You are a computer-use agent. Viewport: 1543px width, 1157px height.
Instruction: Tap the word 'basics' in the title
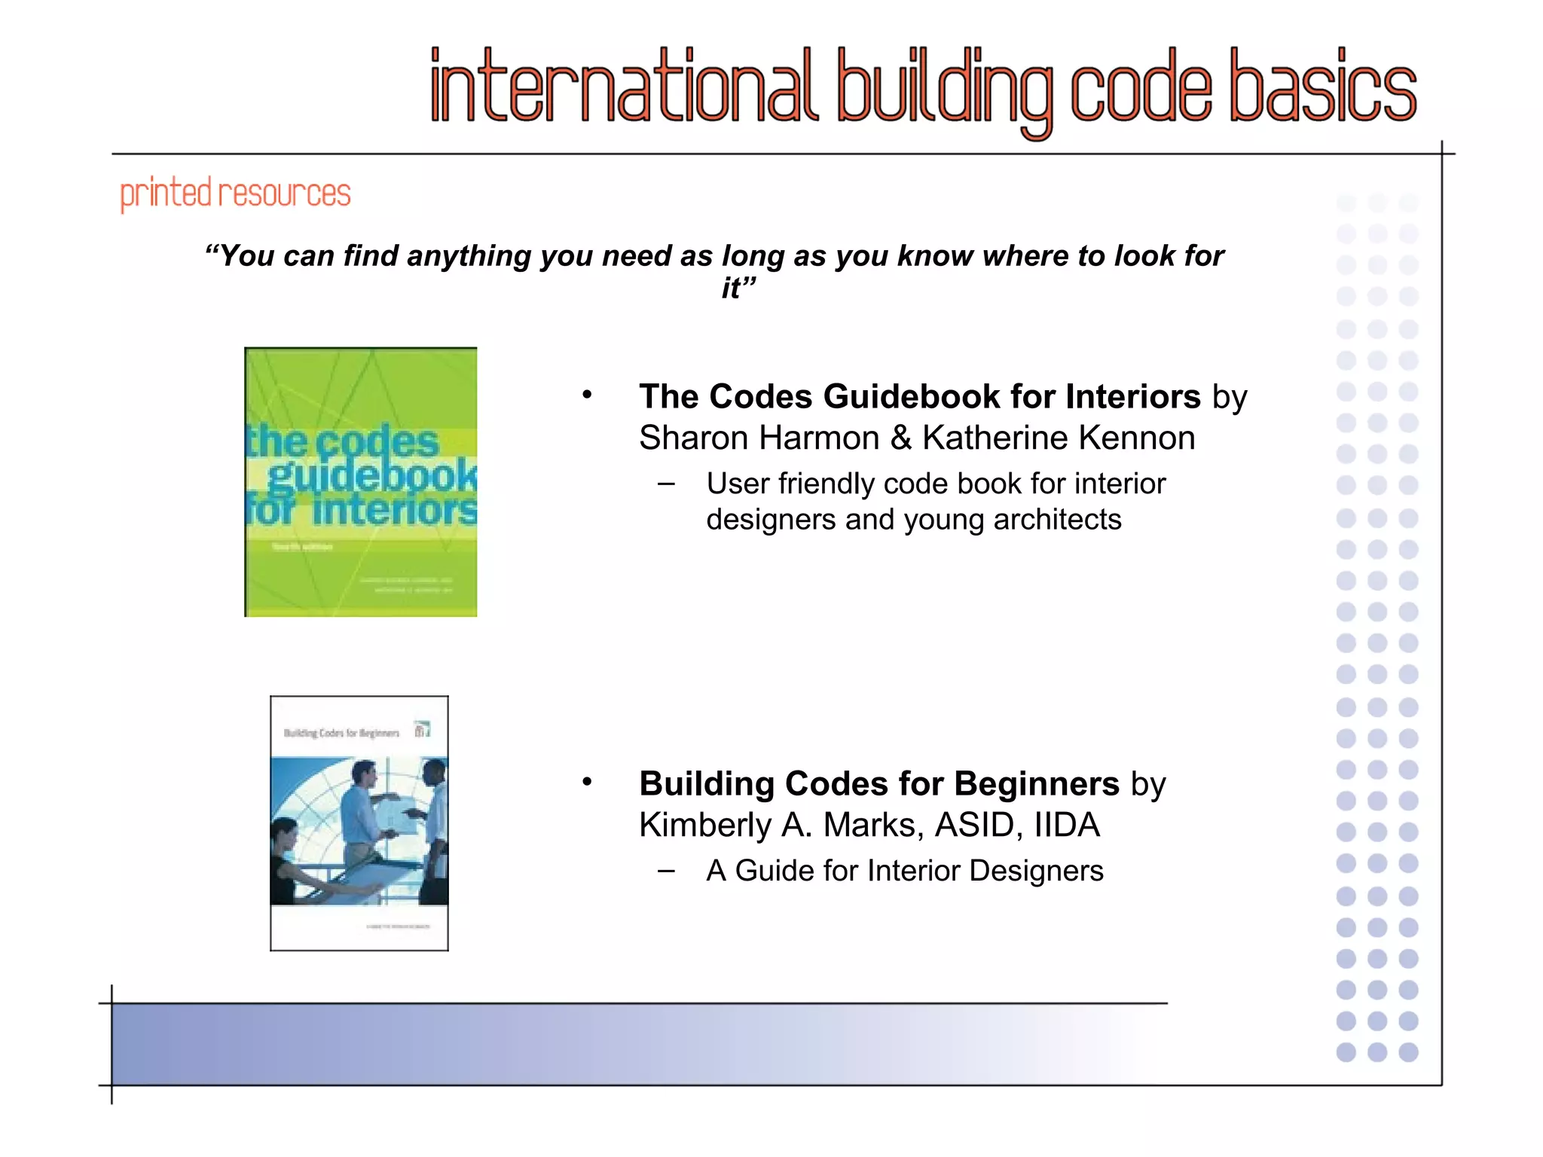[x=1323, y=87]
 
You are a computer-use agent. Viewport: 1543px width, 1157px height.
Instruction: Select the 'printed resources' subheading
[x=235, y=194]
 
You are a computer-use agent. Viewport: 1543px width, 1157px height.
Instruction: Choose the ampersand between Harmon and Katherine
[x=901, y=438]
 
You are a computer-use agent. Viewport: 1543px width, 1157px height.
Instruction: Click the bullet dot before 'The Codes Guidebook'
[x=587, y=395]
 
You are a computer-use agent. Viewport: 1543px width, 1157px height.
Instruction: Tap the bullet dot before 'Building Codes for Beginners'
[x=587, y=782]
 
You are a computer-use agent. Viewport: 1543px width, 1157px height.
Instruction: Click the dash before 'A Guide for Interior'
[x=666, y=871]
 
